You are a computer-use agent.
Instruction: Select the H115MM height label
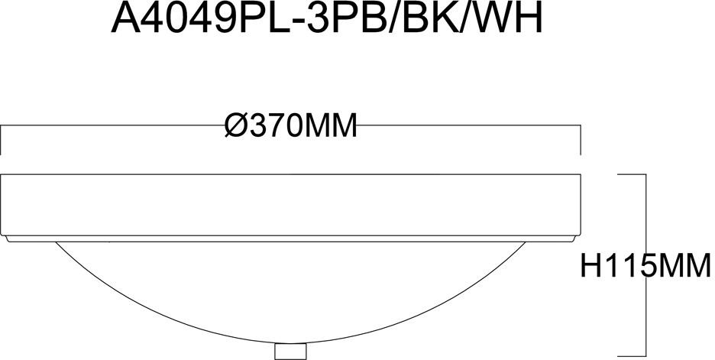click(x=646, y=268)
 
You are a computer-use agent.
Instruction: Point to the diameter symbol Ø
click(x=236, y=125)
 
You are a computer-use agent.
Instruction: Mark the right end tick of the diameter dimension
click(x=581, y=141)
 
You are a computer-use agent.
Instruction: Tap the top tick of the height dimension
click(x=632, y=175)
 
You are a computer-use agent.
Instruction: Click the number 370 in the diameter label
click(x=276, y=125)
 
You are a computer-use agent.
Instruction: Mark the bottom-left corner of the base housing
click(x=3, y=235)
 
